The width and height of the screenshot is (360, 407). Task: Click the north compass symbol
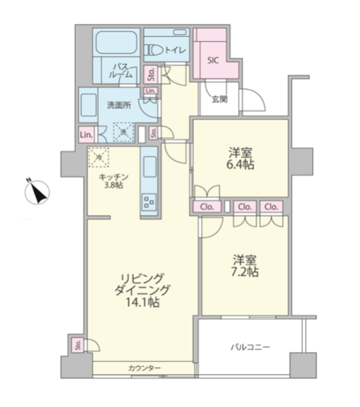point(37,192)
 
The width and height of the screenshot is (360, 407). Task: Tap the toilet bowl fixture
point(155,50)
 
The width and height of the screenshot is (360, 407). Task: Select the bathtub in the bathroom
point(116,43)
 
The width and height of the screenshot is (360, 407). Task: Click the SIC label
point(213,60)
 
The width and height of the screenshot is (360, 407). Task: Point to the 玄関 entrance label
point(219,99)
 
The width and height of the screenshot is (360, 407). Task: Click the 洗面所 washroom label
point(119,105)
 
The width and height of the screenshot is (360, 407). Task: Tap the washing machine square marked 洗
point(124,132)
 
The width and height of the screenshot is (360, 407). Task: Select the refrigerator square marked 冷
point(98,157)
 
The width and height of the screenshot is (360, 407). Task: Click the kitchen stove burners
point(149,202)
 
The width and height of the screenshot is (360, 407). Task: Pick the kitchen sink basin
point(149,167)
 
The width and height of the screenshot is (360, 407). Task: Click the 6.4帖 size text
point(240,165)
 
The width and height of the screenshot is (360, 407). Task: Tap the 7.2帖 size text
point(245,272)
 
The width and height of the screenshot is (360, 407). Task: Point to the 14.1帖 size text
point(143,302)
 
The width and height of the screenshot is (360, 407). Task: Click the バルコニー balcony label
point(250,347)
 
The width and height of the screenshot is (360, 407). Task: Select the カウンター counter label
point(145,368)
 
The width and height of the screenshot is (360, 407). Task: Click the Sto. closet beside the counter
point(78,345)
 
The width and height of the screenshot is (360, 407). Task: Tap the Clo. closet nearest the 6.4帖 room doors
point(207,207)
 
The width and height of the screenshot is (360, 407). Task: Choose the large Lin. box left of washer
point(87,135)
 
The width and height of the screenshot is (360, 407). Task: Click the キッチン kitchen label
point(114,177)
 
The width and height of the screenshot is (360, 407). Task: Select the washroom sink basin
point(88,105)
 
